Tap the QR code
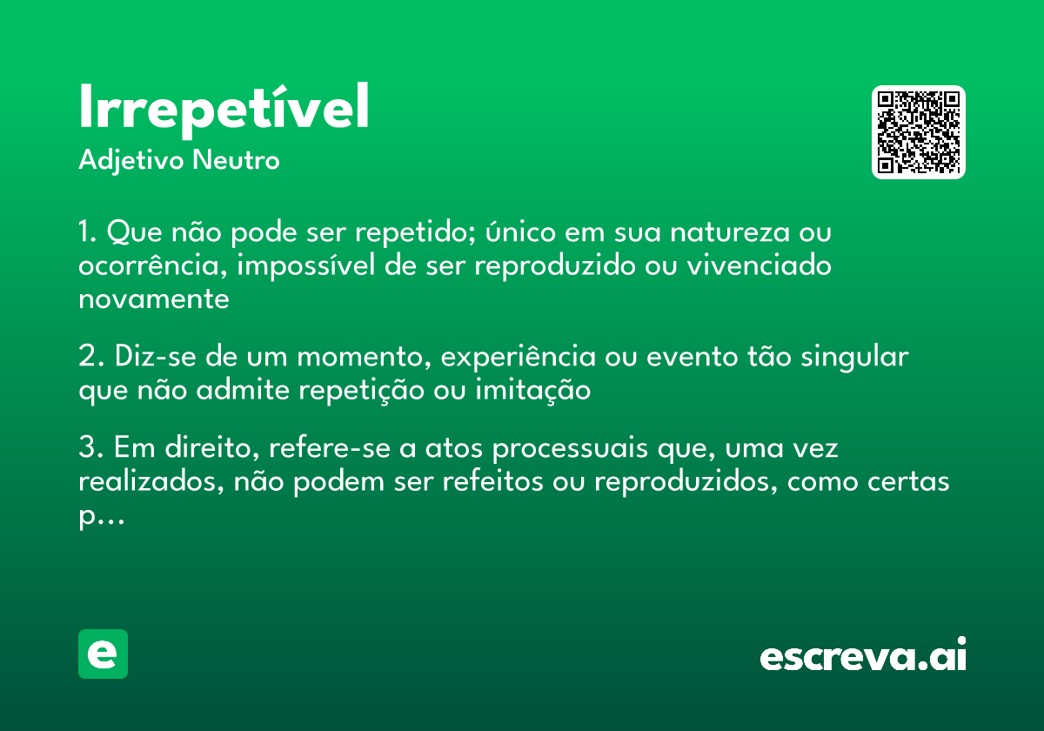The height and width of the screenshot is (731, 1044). point(919,132)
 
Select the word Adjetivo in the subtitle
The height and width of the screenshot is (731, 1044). point(131,161)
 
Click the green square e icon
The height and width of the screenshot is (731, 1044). point(103,654)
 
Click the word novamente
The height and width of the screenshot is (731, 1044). point(154,298)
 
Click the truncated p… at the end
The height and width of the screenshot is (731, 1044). point(101,516)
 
